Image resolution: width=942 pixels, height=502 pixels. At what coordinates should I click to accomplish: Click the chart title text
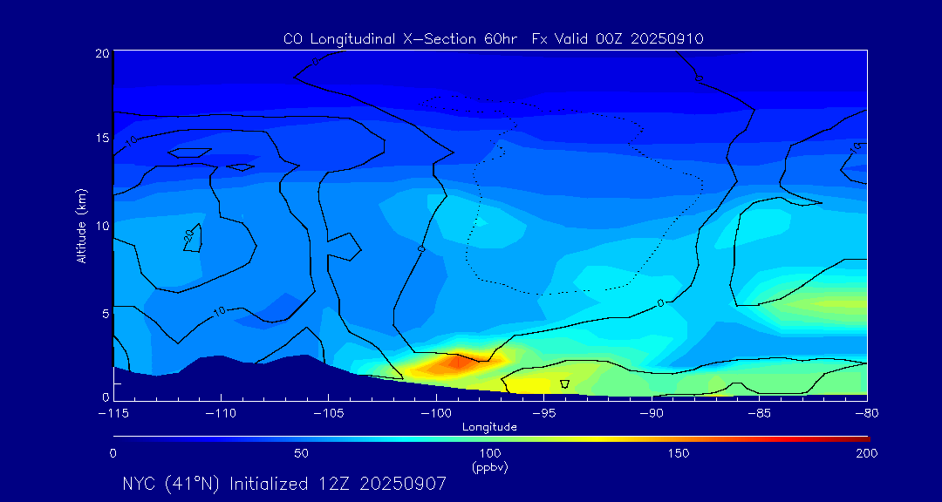[494, 39]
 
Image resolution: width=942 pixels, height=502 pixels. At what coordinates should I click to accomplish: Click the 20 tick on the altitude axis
[101, 53]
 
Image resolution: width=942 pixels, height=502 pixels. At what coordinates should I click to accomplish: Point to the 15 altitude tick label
[101, 139]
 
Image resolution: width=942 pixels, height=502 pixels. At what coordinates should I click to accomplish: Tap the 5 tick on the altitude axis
[105, 312]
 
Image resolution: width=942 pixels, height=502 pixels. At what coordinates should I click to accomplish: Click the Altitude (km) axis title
[82, 225]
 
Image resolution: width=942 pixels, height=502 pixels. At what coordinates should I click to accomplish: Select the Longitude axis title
[489, 427]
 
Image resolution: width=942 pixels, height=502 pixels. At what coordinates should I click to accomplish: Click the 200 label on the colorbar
[866, 453]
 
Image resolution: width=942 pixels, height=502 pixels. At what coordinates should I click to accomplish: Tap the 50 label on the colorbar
[301, 453]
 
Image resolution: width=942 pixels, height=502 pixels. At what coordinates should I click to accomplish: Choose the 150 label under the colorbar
[678, 453]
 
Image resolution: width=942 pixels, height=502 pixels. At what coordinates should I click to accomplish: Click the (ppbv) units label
[489, 467]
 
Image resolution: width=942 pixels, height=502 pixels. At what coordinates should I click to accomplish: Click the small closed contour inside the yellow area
[564, 383]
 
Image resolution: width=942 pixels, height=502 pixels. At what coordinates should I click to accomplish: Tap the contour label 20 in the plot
[188, 235]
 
